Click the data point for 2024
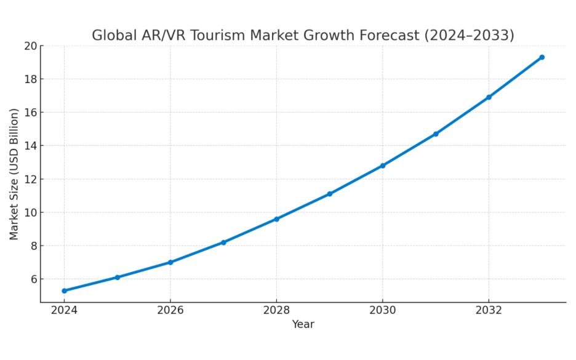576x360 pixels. pos(64,290)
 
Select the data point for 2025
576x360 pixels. pos(117,278)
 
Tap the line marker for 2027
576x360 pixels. pos(223,242)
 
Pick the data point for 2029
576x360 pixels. pos(329,194)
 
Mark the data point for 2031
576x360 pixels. pos(436,134)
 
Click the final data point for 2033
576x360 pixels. pos(542,57)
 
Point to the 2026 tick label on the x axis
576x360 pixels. pos(170,310)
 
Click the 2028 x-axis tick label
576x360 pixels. pos(276,310)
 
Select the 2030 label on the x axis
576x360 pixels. pos(382,310)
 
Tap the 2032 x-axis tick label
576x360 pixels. pos(489,310)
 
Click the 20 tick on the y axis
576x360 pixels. pos(30,46)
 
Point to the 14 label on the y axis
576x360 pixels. pos(30,146)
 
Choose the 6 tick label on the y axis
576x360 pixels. pos(33,279)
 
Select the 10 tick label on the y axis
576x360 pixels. pos(30,213)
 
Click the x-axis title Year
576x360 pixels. pos(303,324)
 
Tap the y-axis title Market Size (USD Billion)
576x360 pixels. pos(14,174)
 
